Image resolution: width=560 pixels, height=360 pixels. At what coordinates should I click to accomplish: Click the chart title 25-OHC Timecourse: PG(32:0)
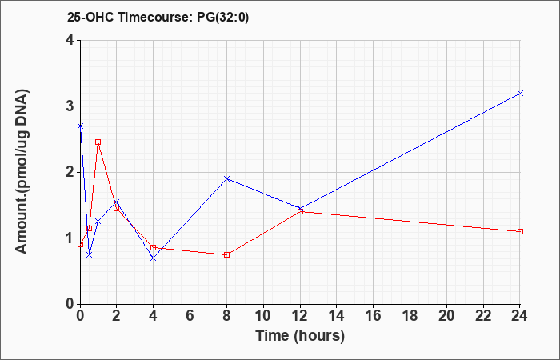158,17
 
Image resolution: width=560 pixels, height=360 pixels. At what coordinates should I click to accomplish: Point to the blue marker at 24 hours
520,94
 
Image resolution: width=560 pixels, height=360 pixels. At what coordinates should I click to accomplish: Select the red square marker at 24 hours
520,231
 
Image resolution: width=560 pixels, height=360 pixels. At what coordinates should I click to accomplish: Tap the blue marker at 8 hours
226,178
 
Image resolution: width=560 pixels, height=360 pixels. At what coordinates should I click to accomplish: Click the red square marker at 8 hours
226,254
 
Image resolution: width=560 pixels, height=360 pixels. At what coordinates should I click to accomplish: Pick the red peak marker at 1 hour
98,142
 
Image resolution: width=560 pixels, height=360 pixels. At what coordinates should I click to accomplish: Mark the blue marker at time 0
80,126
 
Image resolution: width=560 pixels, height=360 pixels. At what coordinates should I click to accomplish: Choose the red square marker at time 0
80,244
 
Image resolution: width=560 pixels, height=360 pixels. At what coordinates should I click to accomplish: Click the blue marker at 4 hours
154,258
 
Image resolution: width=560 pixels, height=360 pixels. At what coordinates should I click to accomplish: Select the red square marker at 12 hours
300,212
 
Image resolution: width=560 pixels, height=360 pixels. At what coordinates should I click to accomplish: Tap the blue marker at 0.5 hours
90,254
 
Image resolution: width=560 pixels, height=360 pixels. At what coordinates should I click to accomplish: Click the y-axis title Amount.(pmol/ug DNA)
22,171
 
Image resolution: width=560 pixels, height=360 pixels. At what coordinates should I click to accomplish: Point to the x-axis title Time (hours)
300,336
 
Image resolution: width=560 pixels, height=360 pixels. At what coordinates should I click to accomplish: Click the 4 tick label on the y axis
70,40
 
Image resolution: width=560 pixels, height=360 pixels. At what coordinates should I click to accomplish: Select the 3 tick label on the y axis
70,106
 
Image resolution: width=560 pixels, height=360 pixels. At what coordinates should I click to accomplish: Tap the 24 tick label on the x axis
520,315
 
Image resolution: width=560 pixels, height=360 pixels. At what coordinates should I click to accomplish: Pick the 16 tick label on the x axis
374,315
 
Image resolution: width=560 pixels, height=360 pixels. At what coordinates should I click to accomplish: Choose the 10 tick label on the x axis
263,315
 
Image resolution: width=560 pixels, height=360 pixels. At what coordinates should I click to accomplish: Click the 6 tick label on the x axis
190,315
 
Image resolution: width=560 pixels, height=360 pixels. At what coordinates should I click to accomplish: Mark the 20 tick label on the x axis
446,315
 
